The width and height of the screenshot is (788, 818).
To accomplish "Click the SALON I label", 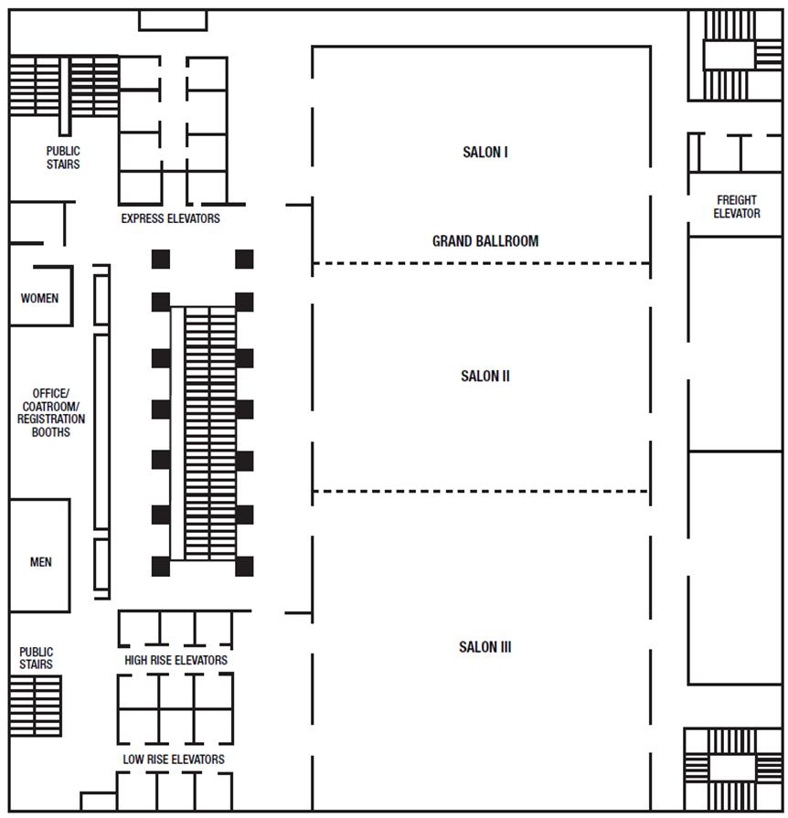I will point(485,152).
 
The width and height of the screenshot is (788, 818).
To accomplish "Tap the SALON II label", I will point(485,376).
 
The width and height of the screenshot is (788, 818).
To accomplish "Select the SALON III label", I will point(485,647).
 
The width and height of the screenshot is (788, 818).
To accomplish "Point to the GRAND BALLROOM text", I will point(485,241).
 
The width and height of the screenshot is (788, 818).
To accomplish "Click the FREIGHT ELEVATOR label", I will point(737,207).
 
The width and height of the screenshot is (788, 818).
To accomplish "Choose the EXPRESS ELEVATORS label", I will point(171,219).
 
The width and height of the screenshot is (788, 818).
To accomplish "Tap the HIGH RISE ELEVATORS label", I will point(176,660).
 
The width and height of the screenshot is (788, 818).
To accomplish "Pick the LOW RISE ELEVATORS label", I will point(174,760).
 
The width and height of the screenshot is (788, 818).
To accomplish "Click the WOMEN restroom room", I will point(40,297).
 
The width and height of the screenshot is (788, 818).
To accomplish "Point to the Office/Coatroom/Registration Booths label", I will point(51,412).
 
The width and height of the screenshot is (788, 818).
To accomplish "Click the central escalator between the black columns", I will point(209,433).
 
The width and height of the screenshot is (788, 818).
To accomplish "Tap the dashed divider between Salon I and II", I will point(481,264).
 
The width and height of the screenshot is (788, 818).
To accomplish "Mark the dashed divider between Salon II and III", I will point(481,492).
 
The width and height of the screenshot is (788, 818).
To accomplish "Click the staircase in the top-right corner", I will point(732,55).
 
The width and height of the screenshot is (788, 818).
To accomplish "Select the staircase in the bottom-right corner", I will point(732,768).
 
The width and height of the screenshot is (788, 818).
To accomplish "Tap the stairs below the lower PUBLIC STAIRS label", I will point(36,706).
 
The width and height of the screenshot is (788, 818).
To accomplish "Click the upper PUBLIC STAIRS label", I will point(63,157).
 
